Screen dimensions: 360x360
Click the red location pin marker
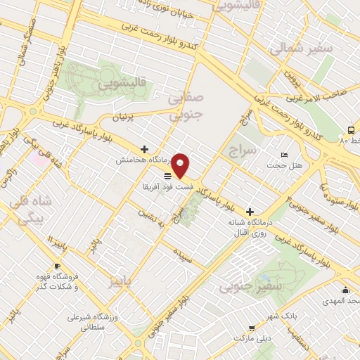tap(181, 165)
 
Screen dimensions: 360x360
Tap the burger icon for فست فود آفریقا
tap(167, 176)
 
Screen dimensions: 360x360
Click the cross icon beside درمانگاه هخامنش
tap(144, 149)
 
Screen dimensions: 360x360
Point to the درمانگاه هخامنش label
tap(140, 160)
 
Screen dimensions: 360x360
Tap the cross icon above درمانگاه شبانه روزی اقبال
tap(250, 211)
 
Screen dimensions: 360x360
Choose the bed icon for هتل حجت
tap(284, 155)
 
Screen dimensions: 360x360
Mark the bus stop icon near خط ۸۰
tap(350, 130)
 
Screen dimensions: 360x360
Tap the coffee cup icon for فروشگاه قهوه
tap(57, 266)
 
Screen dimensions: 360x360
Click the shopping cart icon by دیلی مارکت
tap(251, 328)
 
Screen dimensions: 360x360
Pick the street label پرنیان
tap(122, 118)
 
